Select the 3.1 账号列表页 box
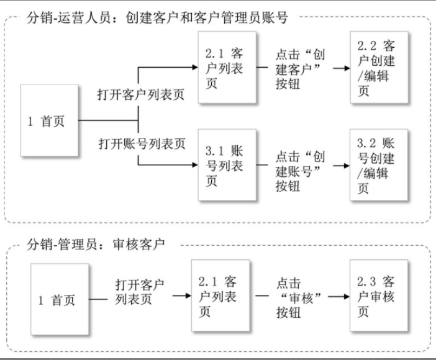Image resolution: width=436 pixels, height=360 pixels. tap(227, 164)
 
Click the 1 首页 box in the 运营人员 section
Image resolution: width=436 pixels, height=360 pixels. tap(49, 120)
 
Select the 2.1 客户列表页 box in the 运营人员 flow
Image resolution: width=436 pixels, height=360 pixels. tap(227, 68)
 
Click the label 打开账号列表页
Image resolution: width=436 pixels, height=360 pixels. tap(142, 143)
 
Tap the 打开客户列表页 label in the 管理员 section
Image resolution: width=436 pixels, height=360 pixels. tap(140, 292)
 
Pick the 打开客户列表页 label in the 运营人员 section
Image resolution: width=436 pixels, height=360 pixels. tap(141, 96)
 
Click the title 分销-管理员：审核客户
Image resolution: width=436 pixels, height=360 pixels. tap(96, 243)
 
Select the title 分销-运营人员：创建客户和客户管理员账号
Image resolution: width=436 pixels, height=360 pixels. tap(157, 17)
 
